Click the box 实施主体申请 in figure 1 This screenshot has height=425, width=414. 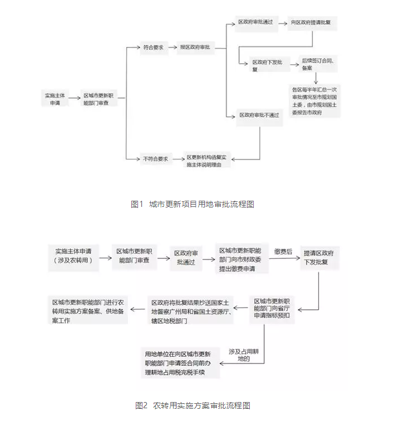(55, 99)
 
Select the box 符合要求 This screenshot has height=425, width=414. (153, 48)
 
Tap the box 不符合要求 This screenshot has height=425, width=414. (155, 158)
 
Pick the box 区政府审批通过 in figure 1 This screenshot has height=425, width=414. (255, 22)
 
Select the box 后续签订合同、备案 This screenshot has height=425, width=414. (317, 64)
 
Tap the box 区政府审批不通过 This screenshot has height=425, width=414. (259, 115)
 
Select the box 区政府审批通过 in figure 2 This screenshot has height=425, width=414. (185, 257)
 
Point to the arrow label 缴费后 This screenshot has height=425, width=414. (283, 252)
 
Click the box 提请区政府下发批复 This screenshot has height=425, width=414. (321, 258)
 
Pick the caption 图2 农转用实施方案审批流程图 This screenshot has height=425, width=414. (192, 405)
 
